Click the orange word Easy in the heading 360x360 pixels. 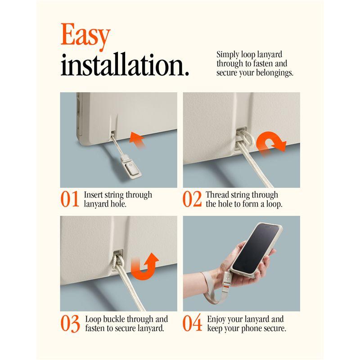pyautogui.click(x=85, y=37)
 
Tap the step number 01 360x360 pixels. pyautogui.click(x=70, y=199)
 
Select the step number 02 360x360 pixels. pyautogui.click(x=192, y=199)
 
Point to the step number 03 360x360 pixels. pyautogui.click(x=70, y=324)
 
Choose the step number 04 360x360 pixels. pyautogui.click(x=193, y=323)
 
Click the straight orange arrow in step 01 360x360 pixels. pyautogui.click(x=137, y=140)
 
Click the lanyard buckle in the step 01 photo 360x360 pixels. pyautogui.click(x=130, y=167)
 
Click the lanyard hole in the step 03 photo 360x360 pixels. pyautogui.click(x=118, y=253)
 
